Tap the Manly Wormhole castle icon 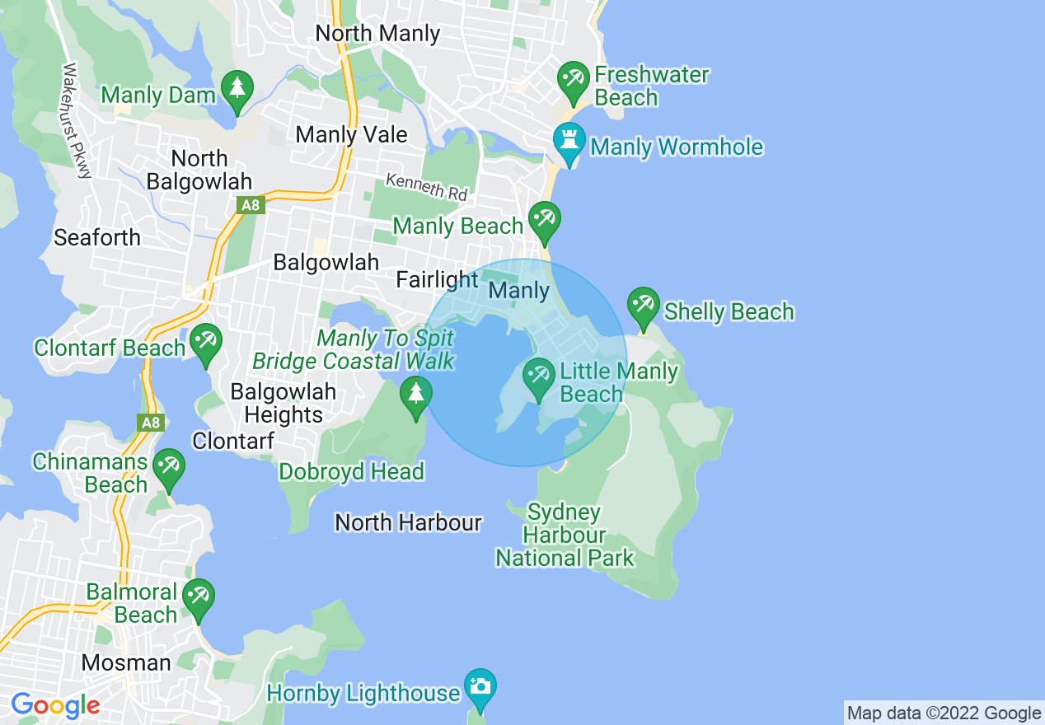pos(569,142)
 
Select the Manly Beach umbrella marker pos(544,220)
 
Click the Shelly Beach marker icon pos(643,306)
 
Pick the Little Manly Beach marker pos(539,378)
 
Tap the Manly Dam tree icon pos(237,88)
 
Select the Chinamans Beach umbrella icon pos(169,467)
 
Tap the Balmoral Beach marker pos(198,597)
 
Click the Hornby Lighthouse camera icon pos(480,687)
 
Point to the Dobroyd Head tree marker pos(416,394)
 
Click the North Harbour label pos(408,522)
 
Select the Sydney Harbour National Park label pos(565,536)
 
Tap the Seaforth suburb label pos(97,238)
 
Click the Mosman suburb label pos(126,662)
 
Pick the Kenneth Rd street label pos(427,188)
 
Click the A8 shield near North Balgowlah pos(251,204)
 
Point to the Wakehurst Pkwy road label pos(77,120)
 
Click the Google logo pos(55,705)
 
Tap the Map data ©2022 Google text pos(944,713)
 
